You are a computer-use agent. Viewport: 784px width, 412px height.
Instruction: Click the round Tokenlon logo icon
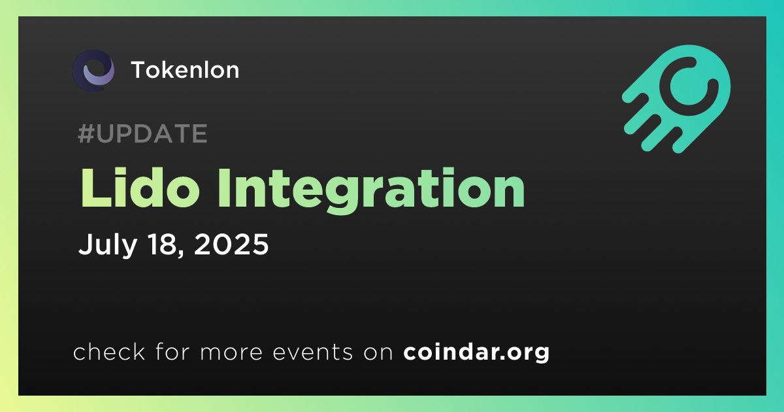coord(93,71)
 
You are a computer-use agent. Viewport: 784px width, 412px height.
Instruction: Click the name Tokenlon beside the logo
coord(185,70)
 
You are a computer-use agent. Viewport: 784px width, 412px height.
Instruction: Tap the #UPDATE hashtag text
coord(143,133)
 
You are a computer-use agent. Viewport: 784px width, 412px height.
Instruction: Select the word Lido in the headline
coord(140,188)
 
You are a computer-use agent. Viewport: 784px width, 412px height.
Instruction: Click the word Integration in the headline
coord(371,191)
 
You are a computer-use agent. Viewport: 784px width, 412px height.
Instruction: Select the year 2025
coord(231,244)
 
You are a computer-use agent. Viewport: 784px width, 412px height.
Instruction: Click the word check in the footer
coord(109,351)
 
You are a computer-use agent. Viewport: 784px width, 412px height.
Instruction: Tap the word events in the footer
coord(312,352)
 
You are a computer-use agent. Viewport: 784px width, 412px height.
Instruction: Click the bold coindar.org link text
coord(476,352)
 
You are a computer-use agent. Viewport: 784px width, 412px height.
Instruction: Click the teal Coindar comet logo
coord(677,99)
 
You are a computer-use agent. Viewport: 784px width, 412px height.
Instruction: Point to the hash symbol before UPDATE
coord(86,133)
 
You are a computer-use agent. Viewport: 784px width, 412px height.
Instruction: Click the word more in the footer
coord(231,352)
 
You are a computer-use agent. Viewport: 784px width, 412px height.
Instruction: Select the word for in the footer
coord(172,351)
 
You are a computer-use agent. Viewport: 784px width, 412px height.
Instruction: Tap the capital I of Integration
coord(224,188)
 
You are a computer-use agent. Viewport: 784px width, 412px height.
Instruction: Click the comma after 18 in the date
coord(182,254)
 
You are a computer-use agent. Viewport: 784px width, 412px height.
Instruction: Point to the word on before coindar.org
coord(378,352)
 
